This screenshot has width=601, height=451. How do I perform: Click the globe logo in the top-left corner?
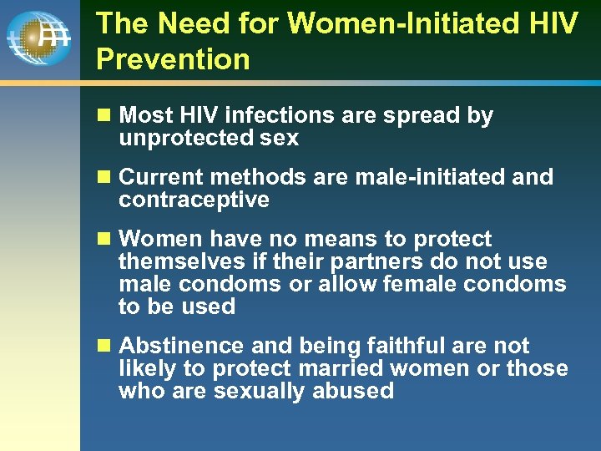point(38,38)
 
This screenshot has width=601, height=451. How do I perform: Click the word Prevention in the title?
point(173,59)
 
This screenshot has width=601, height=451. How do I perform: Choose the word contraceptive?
point(194,200)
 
